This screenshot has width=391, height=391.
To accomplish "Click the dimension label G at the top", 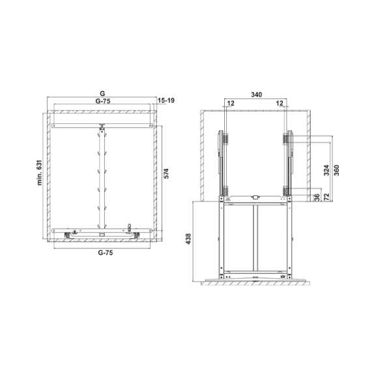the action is (102, 93).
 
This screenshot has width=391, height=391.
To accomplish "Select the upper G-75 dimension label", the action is (103, 101).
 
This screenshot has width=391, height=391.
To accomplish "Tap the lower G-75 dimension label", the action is (105, 253).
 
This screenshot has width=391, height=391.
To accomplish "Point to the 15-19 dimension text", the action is (166, 100).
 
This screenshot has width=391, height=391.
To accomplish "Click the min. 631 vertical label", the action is (40, 172).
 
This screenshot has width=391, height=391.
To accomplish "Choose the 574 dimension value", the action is (166, 173).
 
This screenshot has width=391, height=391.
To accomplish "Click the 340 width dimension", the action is (256, 94).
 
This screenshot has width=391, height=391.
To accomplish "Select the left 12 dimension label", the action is (231, 103).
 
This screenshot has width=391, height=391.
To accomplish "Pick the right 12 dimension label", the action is (280, 103).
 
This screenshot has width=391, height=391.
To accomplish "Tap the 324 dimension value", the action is (326, 170).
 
